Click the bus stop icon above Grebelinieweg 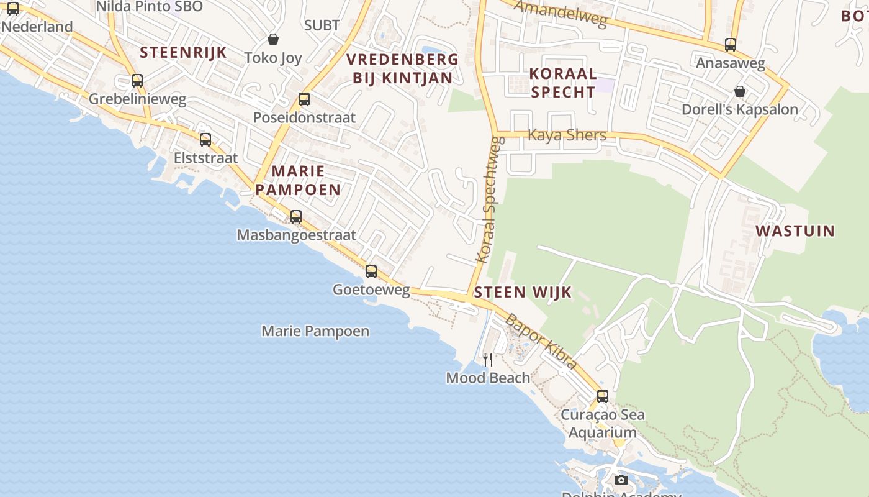[x=137, y=81]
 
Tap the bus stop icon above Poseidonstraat [x=304, y=99]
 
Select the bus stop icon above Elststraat [x=205, y=140]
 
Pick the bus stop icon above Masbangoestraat [x=296, y=217]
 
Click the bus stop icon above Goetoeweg [x=371, y=271]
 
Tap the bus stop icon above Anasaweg [x=731, y=45]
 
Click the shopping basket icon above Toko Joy [x=273, y=40]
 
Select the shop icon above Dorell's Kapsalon [x=740, y=92]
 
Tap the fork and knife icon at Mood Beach [x=488, y=360]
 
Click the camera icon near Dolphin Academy [x=621, y=480]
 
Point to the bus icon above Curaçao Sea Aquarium [x=602, y=396]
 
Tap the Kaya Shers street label [x=567, y=135]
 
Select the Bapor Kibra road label [x=541, y=342]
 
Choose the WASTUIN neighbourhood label [x=795, y=231]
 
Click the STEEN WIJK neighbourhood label [x=523, y=293]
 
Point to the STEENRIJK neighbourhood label [x=183, y=52]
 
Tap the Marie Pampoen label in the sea [x=315, y=331]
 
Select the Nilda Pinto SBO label [x=149, y=7]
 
